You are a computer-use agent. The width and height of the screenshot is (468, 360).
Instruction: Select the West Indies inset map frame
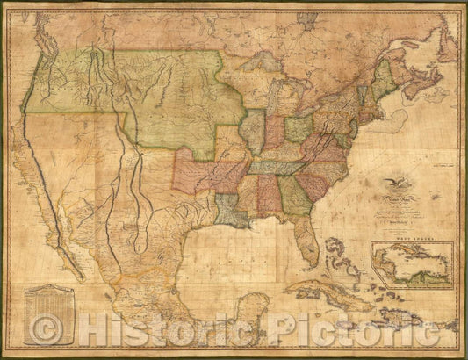(412, 264)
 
